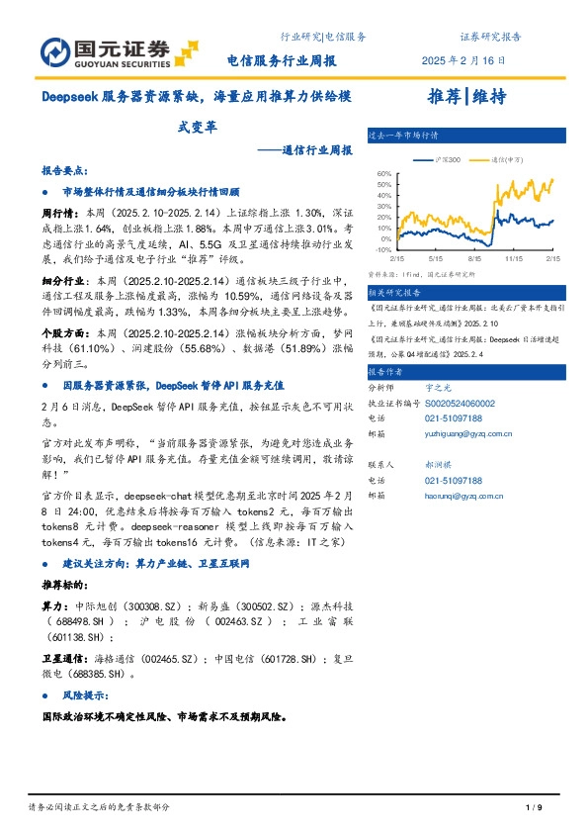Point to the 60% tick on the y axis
pos(384,173)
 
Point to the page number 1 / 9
pos(535,808)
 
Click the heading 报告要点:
pos(64,170)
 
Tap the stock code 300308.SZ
pos(143,604)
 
